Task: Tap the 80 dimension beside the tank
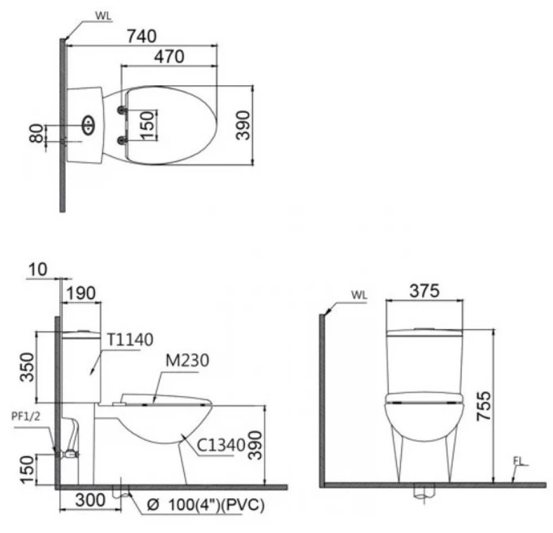coord(37,134)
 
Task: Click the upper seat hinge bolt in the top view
coord(120,111)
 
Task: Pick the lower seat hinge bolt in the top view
coord(120,141)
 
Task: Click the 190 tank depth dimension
coord(81,292)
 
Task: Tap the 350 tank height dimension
coord(27,367)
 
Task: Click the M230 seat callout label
coord(185,362)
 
